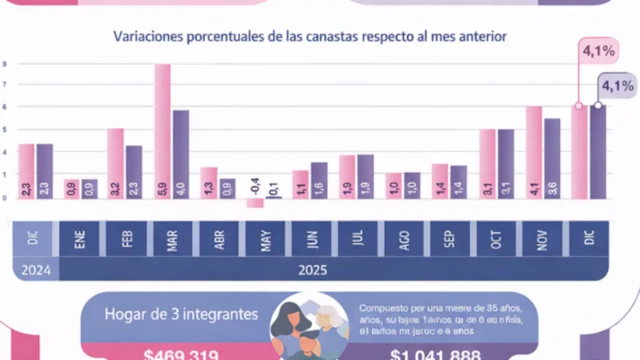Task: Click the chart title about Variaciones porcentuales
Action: (310, 36)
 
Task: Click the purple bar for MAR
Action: (181, 154)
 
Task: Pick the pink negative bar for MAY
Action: (254, 202)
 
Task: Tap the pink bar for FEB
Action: (116, 163)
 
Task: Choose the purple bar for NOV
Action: (551, 158)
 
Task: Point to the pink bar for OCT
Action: (487, 163)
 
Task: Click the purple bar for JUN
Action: (319, 180)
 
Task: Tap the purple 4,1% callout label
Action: (617, 86)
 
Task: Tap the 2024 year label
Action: (36, 270)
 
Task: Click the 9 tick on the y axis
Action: (5, 63)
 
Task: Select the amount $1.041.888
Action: (435, 354)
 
